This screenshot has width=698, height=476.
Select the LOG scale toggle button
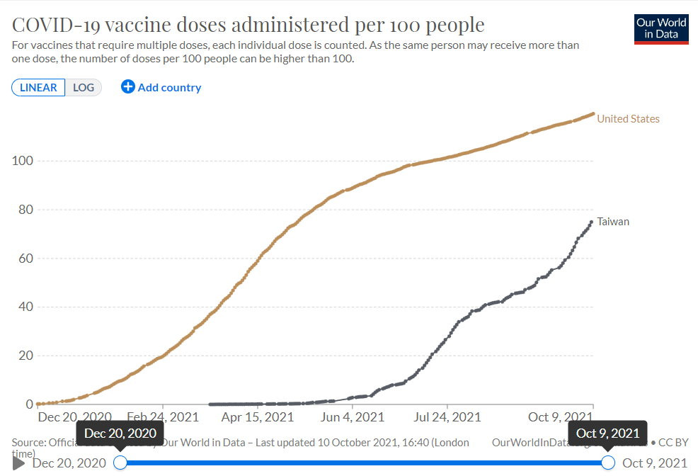coord(84,87)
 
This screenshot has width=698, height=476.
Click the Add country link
coord(161,87)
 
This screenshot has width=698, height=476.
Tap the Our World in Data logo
coord(661,28)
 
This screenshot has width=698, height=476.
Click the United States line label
coord(628,119)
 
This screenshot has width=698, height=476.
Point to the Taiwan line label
coord(613,222)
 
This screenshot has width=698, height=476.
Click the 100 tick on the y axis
coord(23,161)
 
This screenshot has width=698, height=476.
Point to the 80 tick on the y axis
coord(25,210)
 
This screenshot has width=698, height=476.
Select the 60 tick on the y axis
coord(25,259)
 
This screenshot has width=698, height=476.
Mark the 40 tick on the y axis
coord(25,307)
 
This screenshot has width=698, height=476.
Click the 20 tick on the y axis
coord(25,356)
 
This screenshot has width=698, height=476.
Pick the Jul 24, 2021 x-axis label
coord(447,417)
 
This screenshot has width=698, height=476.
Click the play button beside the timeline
coord(19,463)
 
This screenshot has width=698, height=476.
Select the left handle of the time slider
coord(120,463)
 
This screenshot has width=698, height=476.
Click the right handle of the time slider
coord(607,463)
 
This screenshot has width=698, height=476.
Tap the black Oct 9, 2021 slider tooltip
coord(607,433)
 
